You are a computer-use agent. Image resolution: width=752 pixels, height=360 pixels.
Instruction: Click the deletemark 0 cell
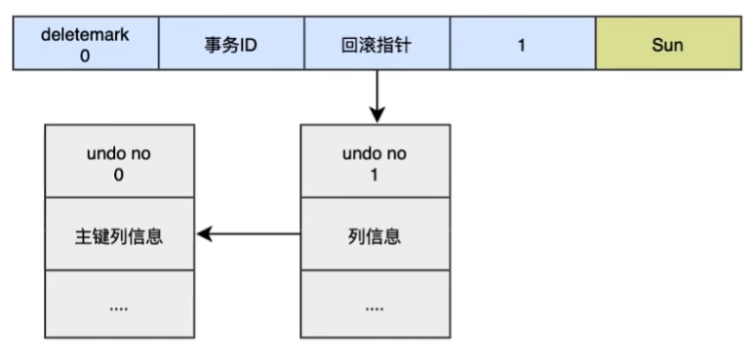coord(85,45)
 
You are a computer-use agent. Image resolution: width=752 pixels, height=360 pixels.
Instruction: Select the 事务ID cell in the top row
coord(231,45)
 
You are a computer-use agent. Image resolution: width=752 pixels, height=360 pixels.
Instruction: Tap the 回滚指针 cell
coord(376,45)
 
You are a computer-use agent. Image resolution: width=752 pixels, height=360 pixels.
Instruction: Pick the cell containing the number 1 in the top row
coord(522,45)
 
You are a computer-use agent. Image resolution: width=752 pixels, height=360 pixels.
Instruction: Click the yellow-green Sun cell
coord(667,45)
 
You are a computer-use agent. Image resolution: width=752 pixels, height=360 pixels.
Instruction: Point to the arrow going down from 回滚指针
coord(376,96)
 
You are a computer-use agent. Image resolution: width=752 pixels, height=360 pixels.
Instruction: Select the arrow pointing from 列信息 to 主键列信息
coord(249,234)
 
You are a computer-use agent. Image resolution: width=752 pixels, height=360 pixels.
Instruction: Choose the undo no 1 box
coord(376,161)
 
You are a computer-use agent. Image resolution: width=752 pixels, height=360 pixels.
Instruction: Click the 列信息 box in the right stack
coord(376,234)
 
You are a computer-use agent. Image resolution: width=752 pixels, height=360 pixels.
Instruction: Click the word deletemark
coord(85,34)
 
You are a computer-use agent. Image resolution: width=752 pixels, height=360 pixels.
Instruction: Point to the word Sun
coord(667,45)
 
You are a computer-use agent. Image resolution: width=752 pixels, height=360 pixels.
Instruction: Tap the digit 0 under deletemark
coord(85,57)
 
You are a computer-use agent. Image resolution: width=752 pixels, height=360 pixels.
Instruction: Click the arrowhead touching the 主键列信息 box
coord(203,234)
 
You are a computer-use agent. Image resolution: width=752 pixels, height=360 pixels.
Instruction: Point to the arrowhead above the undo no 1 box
coord(376,116)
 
